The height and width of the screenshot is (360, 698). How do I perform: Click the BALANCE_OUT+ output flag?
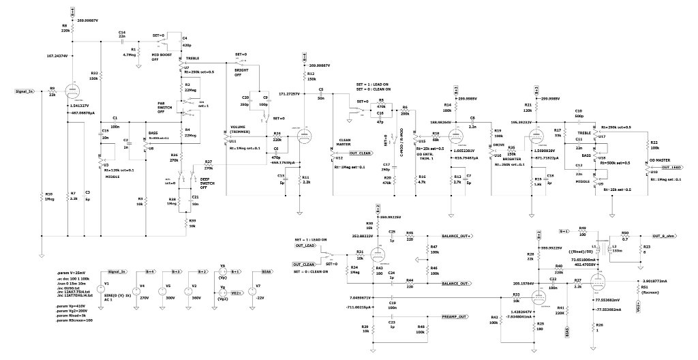456,237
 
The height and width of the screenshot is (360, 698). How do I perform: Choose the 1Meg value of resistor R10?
48,198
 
